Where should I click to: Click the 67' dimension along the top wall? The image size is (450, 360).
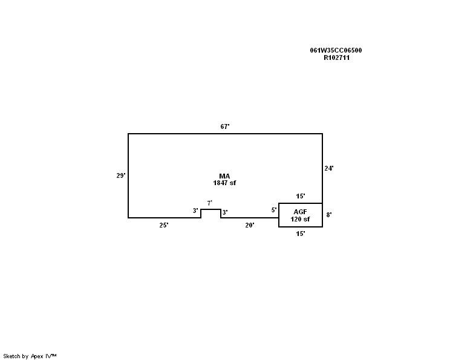(x=225, y=126)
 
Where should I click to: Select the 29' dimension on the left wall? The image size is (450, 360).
(x=121, y=175)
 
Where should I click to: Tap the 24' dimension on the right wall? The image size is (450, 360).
(x=329, y=169)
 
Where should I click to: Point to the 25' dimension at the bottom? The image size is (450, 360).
(x=164, y=225)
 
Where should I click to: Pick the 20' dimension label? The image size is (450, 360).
(x=250, y=225)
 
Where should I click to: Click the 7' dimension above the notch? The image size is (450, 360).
(x=210, y=203)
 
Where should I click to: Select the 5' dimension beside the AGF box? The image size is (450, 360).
(x=274, y=210)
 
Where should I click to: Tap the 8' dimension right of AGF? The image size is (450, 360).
(x=329, y=215)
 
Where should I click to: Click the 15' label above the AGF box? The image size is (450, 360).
(x=301, y=197)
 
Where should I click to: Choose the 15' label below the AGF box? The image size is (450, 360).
(x=301, y=234)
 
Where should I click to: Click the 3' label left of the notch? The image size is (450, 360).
(x=195, y=211)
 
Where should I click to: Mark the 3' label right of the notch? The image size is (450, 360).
(x=225, y=212)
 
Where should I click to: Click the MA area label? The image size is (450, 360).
(x=224, y=176)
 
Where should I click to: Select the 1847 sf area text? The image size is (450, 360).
(x=224, y=183)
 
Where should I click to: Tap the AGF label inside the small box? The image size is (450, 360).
(x=300, y=212)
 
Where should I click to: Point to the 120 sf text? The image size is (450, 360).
(x=300, y=219)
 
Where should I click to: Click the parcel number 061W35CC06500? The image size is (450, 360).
(x=336, y=51)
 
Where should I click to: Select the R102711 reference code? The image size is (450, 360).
(x=337, y=57)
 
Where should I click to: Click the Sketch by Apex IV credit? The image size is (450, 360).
(x=30, y=356)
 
